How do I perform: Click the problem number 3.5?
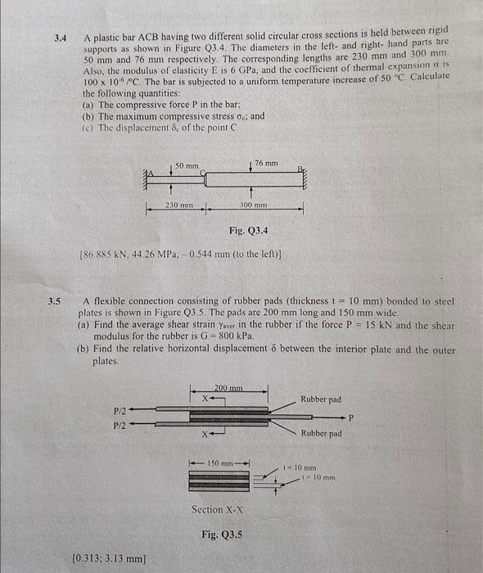click(55, 300)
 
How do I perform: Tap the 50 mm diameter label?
click(189, 166)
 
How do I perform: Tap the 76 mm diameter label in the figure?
click(266, 164)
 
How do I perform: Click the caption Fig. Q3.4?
click(241, 232)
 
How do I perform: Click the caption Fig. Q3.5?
click(222, 535)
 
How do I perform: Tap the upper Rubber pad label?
click(321, 399)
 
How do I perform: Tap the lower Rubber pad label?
click(321, 434)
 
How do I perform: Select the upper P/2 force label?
click(119, 412)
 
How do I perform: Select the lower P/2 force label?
click(119, 426)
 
